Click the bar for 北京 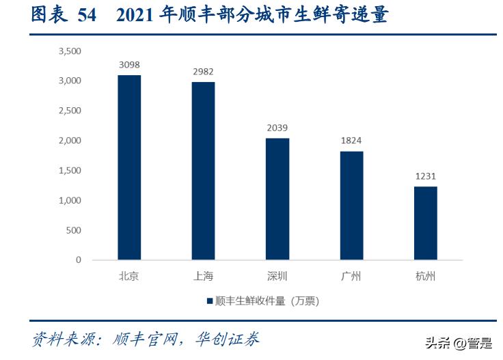pos(129,167)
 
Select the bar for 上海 pos(203,171)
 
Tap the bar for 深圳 pos(277,199)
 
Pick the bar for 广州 pos(351,205)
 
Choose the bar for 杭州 pos(425,223)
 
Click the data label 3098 pos(129,66)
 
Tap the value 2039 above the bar pos(277,128)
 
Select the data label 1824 pos(351,141)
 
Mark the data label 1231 pos(425,176)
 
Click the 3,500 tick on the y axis pos(70,51)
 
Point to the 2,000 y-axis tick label pos(70,141)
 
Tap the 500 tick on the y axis pos(73,230)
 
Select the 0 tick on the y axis pos(78,260)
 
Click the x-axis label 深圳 pos(277,277)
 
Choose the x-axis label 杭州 pos(425,277)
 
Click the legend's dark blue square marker pos(208,301)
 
